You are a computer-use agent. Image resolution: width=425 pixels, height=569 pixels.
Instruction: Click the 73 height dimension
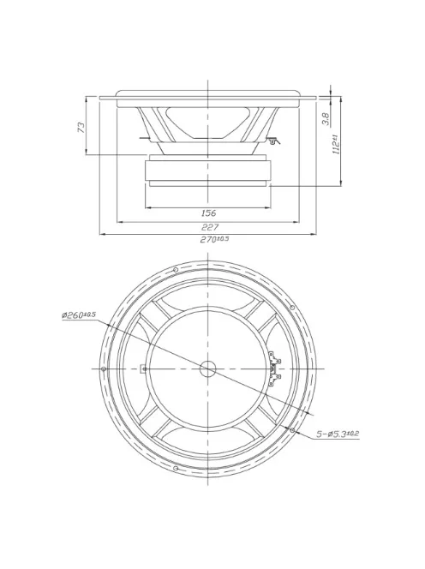click(x=81, y=126)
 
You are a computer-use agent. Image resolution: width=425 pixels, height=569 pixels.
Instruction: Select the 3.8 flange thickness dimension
click(x=326, y=119)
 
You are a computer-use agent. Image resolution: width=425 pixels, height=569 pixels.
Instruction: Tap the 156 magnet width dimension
click(x=207, y=213)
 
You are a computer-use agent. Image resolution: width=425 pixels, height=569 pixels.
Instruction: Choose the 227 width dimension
click(x=208, y=227)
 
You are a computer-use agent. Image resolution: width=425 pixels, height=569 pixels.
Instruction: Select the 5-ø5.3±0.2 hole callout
click(x=336, y=434)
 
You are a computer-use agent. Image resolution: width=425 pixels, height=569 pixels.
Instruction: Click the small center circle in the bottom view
click(x=208, y=368)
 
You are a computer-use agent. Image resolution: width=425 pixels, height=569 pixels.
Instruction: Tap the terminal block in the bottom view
click(x=275, y=368)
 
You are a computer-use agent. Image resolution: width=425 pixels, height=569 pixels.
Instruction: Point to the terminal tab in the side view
click(x=272, y=139)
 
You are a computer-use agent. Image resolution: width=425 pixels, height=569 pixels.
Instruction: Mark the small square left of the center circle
click(x=144, y=368)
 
